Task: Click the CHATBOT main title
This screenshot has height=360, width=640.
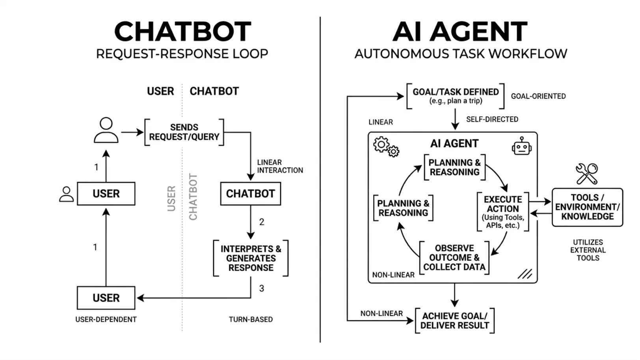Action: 182,32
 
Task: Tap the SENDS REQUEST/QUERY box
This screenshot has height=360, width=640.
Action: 184,132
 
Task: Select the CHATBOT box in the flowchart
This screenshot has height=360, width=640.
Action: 250,193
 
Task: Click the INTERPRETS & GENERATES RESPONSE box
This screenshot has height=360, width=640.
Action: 251,258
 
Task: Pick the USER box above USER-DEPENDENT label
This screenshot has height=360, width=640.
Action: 106,298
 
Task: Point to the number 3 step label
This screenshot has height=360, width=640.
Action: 261,289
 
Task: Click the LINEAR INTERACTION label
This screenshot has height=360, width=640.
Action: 280,166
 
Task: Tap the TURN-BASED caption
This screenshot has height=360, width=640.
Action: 251,319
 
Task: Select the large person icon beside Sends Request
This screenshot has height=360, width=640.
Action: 106,130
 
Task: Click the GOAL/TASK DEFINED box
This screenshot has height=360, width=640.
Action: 456,96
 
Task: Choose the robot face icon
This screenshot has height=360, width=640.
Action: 521,147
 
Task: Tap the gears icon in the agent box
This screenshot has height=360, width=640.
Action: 386,147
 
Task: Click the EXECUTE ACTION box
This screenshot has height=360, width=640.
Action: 502,212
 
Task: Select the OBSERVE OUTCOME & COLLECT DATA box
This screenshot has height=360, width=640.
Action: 454,258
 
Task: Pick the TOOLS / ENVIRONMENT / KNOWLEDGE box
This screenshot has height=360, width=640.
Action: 587,207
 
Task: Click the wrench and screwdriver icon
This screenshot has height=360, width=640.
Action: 587,174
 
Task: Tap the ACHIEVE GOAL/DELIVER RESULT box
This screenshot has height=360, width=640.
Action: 454,321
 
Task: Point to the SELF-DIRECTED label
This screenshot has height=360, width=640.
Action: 492,119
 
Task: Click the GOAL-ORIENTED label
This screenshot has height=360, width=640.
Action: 538,96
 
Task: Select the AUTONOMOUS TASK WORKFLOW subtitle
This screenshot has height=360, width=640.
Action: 460,54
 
